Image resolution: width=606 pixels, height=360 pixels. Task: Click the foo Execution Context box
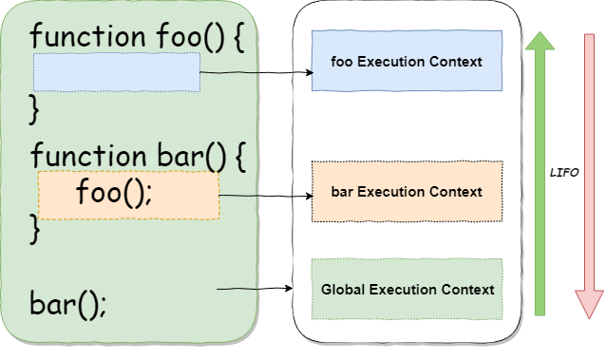[407, 62]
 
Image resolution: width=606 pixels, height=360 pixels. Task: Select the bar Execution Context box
[407, 192]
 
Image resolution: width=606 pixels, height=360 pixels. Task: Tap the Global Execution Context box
[407, 289]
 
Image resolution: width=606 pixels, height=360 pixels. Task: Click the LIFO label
[564, 175]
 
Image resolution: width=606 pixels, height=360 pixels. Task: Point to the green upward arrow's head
[540, 44]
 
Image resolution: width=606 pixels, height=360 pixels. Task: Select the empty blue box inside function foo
[117, 72]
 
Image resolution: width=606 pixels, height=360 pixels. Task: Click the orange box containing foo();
[128, 196]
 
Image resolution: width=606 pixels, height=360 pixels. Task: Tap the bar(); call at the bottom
[68, 306]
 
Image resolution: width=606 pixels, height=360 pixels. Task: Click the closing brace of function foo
[36, 107]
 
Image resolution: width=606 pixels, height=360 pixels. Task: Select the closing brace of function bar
[36, 227]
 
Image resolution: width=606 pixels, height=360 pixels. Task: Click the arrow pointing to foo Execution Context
[256, 71]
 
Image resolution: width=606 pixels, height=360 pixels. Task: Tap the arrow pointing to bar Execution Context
[266, 196]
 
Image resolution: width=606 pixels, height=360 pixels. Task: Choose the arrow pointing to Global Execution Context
[255, 289]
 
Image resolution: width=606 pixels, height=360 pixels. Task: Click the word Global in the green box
[342, 289]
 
